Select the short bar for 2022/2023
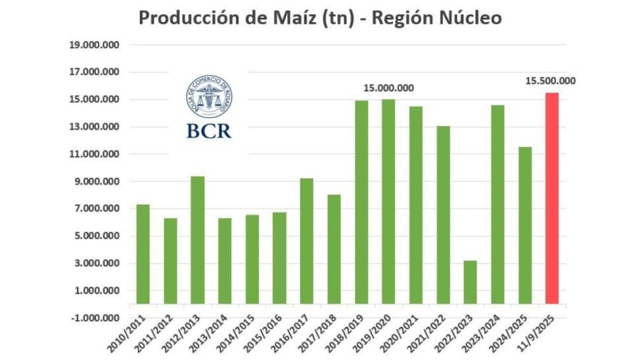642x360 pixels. tap(469, 282)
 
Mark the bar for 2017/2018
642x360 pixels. tap(334, 249)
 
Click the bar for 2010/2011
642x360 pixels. tap(143, 254)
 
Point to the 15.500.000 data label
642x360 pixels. tap(551, 81)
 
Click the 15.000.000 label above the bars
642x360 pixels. tap(388, 88)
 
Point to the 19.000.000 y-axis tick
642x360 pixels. tap(94, 45)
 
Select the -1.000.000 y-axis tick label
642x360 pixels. tap(94, 318)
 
